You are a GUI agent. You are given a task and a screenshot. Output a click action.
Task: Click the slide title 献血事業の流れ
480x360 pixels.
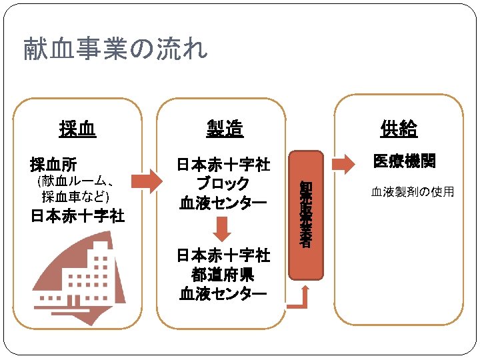115,49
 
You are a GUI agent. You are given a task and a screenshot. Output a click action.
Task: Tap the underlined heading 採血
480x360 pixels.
77,129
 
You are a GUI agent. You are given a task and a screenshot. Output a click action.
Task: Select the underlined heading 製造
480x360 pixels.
224,129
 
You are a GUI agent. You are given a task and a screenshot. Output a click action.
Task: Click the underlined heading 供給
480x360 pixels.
399,129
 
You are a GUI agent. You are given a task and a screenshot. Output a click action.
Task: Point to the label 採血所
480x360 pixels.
53,164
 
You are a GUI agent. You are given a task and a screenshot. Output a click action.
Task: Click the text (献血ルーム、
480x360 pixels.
77,181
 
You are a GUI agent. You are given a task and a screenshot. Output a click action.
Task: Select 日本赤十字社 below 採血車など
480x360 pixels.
77,216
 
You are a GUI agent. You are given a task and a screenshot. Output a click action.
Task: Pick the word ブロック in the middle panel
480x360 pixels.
223,183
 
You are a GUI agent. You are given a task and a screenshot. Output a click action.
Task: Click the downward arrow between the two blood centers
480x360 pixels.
224,227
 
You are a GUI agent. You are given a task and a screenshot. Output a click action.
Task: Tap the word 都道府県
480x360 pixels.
223,274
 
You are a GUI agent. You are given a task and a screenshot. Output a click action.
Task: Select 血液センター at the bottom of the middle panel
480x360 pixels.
223,293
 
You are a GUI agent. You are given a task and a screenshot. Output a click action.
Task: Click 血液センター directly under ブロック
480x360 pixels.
223,202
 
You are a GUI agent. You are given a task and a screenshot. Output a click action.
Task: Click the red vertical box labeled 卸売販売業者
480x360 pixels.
306,214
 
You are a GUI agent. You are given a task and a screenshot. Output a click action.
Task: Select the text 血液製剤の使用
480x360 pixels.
412,192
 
